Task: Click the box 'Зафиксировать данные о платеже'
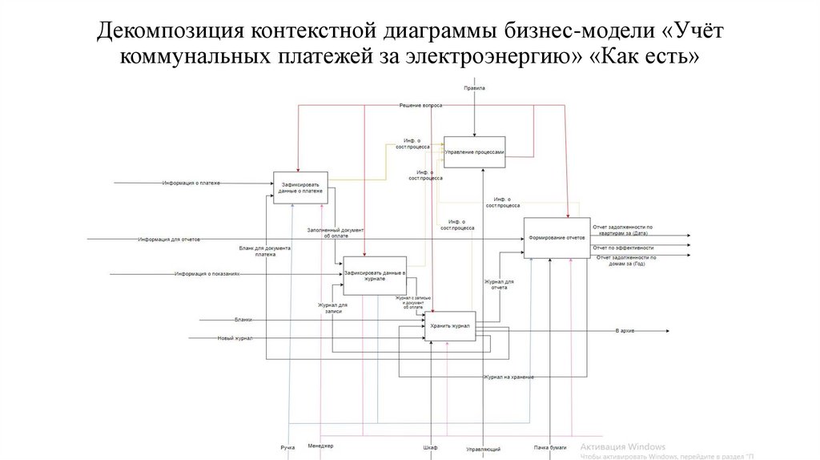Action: [301, 188]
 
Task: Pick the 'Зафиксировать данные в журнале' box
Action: [375, 276]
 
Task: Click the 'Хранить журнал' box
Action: [449, 326]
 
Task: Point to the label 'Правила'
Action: [475, 87]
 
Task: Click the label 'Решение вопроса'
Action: [421, 106]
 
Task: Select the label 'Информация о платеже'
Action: [191, 184]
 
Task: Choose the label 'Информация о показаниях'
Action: [207, 274]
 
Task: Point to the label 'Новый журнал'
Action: [235, 337]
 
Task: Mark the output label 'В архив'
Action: [625, 330]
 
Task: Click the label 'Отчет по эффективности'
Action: [623, 248]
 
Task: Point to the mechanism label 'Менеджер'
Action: [320, 446]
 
